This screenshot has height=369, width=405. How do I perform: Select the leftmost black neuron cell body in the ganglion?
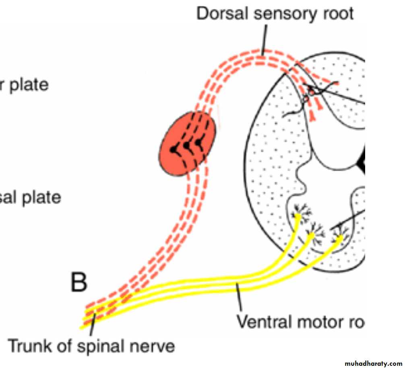click(173, 149)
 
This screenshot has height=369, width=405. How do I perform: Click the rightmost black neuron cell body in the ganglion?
click(198, 142)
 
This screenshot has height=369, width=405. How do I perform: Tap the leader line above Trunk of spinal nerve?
click(93, 325)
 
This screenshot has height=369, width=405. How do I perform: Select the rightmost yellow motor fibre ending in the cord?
click(339, 239)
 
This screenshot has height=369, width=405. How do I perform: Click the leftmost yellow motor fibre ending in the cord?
click(298, 218)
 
